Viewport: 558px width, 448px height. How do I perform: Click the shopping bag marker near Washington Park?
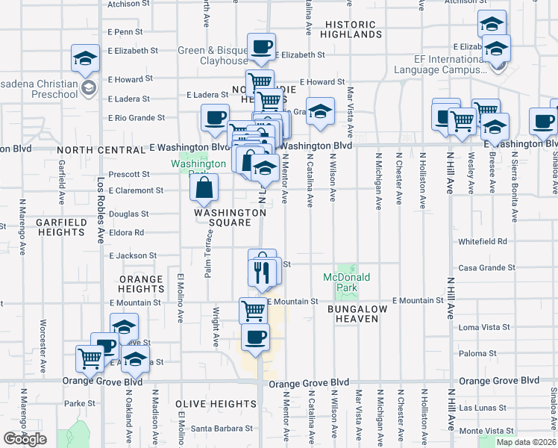click(x=204, y=189)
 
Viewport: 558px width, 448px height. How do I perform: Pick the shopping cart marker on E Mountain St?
click(x=253, y=309)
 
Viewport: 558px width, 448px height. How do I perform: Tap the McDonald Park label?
click(x=347, y=282)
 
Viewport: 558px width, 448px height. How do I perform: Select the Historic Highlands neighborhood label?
click(x=353, y=30)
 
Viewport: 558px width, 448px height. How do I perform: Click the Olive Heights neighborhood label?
click(x=216, y=404)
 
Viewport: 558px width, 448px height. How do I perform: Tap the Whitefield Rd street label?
click(x=483, y=242)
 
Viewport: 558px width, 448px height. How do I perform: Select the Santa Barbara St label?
click(x=222, y=429)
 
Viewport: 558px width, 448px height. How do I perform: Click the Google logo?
click(x=25, y=439)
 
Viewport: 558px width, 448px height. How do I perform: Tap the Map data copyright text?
click(x=526, y=442)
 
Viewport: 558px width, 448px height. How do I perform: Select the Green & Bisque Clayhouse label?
click(x=213, y=56)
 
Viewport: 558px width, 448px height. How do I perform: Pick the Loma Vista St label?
click(x=484, y=327)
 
